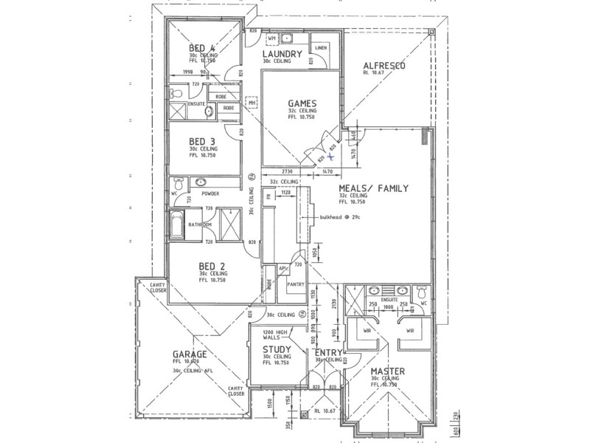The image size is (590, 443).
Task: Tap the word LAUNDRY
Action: (281, 54)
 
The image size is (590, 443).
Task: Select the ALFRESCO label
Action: (384, 66)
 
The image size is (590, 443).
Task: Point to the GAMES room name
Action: (302, 103)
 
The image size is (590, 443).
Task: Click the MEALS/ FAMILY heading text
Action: (373, 188)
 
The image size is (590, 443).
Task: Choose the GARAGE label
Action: (189, 354)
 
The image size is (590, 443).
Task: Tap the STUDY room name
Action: (277, 349)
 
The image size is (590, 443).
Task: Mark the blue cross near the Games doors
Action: (332, 156)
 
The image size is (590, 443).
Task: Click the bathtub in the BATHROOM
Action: (178, 224)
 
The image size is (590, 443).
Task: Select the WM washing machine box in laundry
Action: (271, 38)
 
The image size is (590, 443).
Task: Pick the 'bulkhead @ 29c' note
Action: (341, 218)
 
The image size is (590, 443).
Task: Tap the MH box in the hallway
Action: (252, 103)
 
